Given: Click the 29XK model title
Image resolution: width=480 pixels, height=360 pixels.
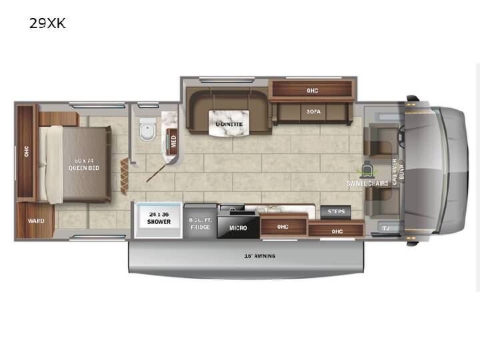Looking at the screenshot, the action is (47, 23).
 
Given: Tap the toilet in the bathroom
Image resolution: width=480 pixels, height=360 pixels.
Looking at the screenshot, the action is (148, 129).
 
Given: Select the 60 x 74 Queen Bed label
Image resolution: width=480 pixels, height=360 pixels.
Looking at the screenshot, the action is (84, 165).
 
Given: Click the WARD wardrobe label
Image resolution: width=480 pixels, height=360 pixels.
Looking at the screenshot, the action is (36, 221).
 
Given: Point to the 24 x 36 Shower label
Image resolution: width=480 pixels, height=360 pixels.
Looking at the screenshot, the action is (159, 218).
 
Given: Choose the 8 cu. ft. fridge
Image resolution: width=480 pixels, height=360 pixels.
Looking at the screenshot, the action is (201, 221).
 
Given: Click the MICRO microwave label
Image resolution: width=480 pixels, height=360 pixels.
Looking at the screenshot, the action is (238, 228).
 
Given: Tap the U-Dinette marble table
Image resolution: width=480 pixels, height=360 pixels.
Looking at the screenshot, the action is (229, 123).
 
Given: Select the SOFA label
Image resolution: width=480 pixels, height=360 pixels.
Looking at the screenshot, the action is (314, 112).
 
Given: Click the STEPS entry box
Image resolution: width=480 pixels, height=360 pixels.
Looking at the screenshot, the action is (336, 212).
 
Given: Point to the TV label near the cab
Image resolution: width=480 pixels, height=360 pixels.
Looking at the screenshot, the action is (386, 228).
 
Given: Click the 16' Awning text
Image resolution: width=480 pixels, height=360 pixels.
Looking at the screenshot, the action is (260, 256).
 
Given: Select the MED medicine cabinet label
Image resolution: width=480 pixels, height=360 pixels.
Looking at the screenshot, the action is (173, 142).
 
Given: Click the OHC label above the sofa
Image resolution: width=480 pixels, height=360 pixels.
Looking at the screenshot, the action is (313, 91).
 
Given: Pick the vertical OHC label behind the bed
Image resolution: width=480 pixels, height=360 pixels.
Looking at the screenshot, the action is (27, 151).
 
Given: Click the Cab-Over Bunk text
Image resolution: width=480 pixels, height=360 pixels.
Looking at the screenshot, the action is (398, 172).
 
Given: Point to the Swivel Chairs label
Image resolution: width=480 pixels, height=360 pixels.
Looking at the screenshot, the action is (367, 183).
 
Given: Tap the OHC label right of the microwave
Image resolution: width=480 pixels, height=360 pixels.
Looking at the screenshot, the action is (283, 227).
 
